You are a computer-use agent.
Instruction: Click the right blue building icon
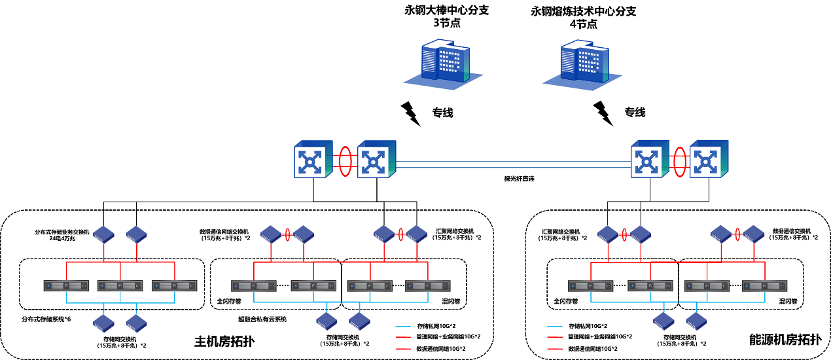pos(583,65)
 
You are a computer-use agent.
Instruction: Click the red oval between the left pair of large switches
pos(345,161)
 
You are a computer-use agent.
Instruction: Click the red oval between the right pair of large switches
pos(680,162)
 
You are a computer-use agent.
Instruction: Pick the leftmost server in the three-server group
pos(66,286)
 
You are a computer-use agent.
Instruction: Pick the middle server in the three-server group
pos(120,286)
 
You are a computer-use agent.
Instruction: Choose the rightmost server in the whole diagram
pos(764,286)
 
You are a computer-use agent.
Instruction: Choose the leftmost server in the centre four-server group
pos(254,286)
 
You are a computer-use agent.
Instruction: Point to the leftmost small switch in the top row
pos(103,234)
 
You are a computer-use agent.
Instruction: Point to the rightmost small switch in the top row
pos(754,234)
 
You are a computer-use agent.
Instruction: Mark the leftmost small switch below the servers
pos(103,323)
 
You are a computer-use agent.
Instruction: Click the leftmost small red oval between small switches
pos(287,234)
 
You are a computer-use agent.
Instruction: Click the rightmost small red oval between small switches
pos(737,234)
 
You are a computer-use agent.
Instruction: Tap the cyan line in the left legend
pos(403,326)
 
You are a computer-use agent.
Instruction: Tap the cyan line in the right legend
pos(555,326)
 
